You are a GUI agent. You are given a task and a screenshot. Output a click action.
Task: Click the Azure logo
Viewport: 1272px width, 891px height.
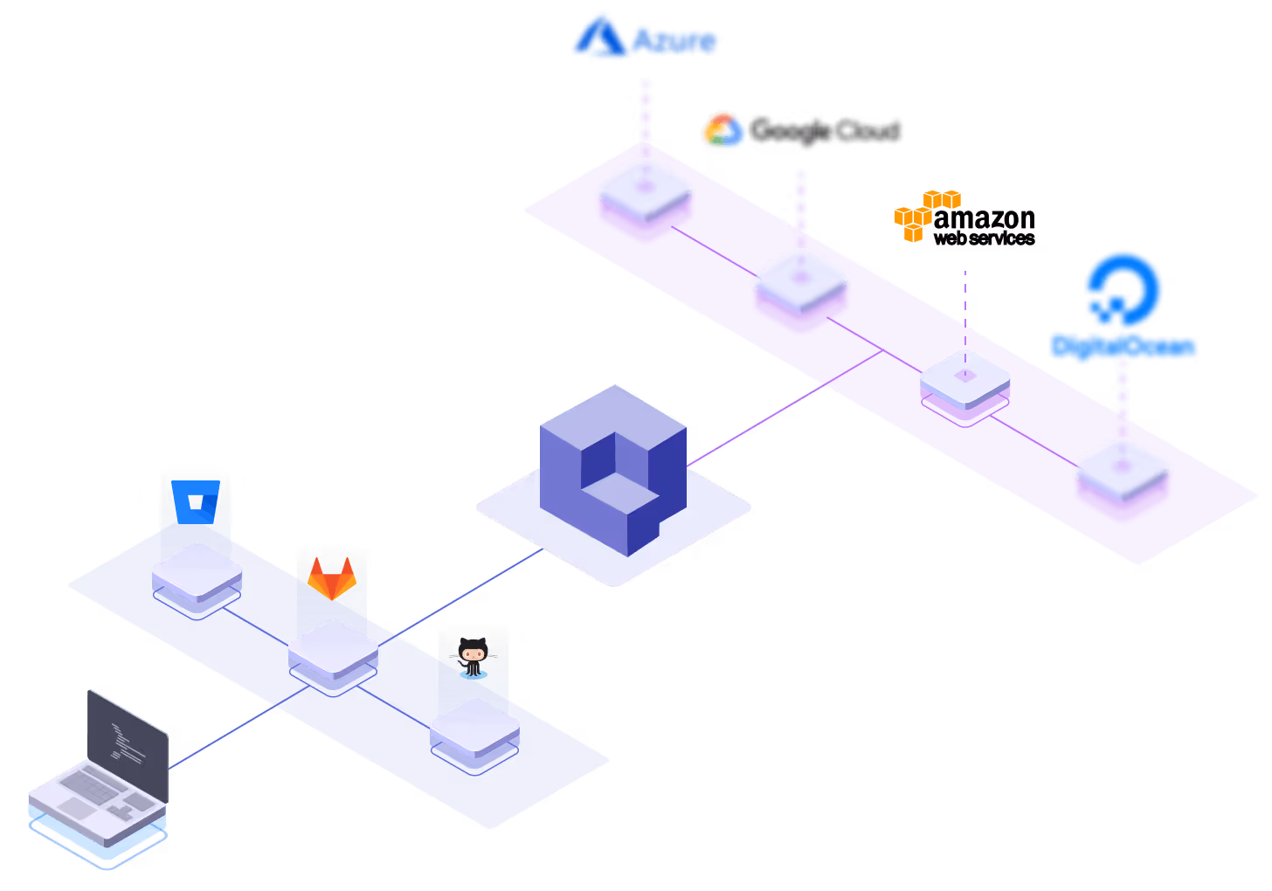[645, 38]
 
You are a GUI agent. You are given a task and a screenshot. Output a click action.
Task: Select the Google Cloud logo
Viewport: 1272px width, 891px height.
[800, 131]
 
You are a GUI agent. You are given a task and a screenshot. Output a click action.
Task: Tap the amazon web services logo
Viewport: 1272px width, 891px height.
[964, 218]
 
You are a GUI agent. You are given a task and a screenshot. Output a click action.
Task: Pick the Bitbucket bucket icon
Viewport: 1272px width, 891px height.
[196, 501]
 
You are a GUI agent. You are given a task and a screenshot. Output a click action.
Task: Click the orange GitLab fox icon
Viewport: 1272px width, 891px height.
[331, 578]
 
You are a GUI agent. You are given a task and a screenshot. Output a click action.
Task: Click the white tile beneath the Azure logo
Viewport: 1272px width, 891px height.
[645, 189]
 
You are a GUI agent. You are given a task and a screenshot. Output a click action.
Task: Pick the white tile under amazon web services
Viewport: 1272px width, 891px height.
[964, 377]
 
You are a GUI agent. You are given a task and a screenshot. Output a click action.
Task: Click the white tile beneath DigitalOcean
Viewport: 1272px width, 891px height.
[1122, 468]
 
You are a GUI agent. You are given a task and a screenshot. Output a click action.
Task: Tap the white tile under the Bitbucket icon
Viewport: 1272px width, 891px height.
[197, 570]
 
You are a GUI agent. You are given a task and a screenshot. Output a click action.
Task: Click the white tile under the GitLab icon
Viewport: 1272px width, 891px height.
[333, 648]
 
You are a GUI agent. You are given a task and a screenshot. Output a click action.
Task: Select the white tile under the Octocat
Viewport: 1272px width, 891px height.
[474, 726]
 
